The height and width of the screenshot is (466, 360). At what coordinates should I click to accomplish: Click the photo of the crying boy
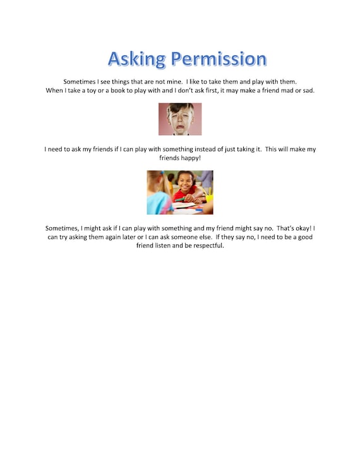click(180, 119)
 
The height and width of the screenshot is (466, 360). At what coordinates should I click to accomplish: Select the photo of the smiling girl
click(180, 192)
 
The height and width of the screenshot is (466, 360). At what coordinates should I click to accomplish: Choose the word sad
click(306, 90)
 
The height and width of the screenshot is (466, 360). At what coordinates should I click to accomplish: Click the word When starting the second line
click(56, 90)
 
